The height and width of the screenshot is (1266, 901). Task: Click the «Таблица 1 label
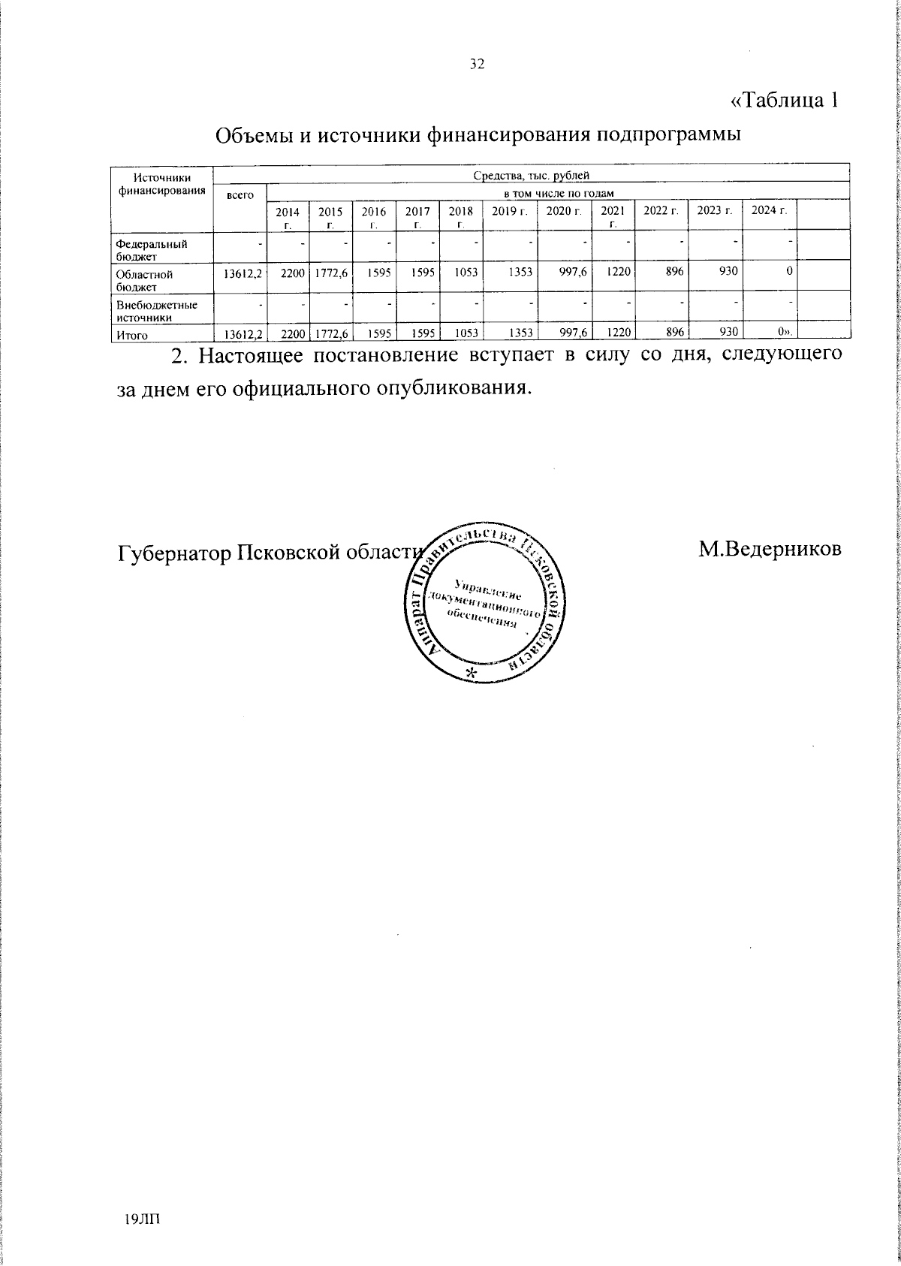(784, 99)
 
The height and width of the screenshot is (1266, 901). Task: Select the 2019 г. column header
(510, 210)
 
